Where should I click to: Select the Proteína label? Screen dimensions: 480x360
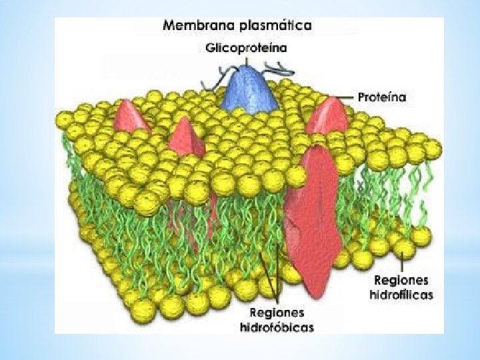coord(381,97)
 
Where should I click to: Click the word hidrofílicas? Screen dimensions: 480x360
coord(401,295)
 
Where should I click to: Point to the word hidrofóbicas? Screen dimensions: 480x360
coord(277,327)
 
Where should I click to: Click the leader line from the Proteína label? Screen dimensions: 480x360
coord(345,97)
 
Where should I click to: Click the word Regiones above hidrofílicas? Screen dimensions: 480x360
coord(401,281)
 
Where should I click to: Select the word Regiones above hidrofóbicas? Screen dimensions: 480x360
coord(277,313)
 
